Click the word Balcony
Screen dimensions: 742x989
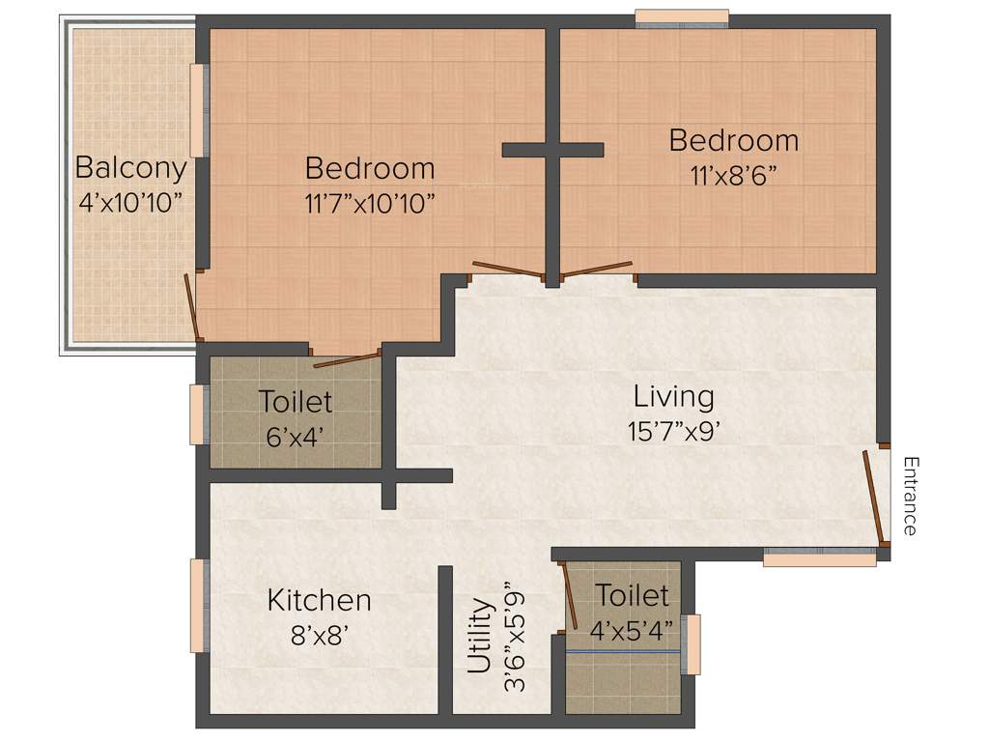(130, 168)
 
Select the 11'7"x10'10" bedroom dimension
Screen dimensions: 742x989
(370, 203)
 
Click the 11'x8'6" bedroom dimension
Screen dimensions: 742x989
(733, 175)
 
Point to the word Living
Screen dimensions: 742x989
(674, 396)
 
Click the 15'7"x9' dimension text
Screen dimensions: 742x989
(674, 431)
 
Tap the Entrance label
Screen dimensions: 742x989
(910, 496)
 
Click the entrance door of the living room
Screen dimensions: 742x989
(874, 496)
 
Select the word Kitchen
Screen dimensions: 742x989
(319, 600)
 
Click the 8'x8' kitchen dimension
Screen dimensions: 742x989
(319, 635)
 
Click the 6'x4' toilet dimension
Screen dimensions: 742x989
(296, 435)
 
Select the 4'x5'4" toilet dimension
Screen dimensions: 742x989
(632, 630)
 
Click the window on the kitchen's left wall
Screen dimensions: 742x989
(200, 606)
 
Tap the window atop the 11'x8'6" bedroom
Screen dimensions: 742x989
(681, 18)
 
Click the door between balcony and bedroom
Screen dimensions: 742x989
(193, 307)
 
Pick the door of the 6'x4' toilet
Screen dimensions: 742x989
(347, 359)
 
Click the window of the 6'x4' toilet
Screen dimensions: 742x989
(199, 414)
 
